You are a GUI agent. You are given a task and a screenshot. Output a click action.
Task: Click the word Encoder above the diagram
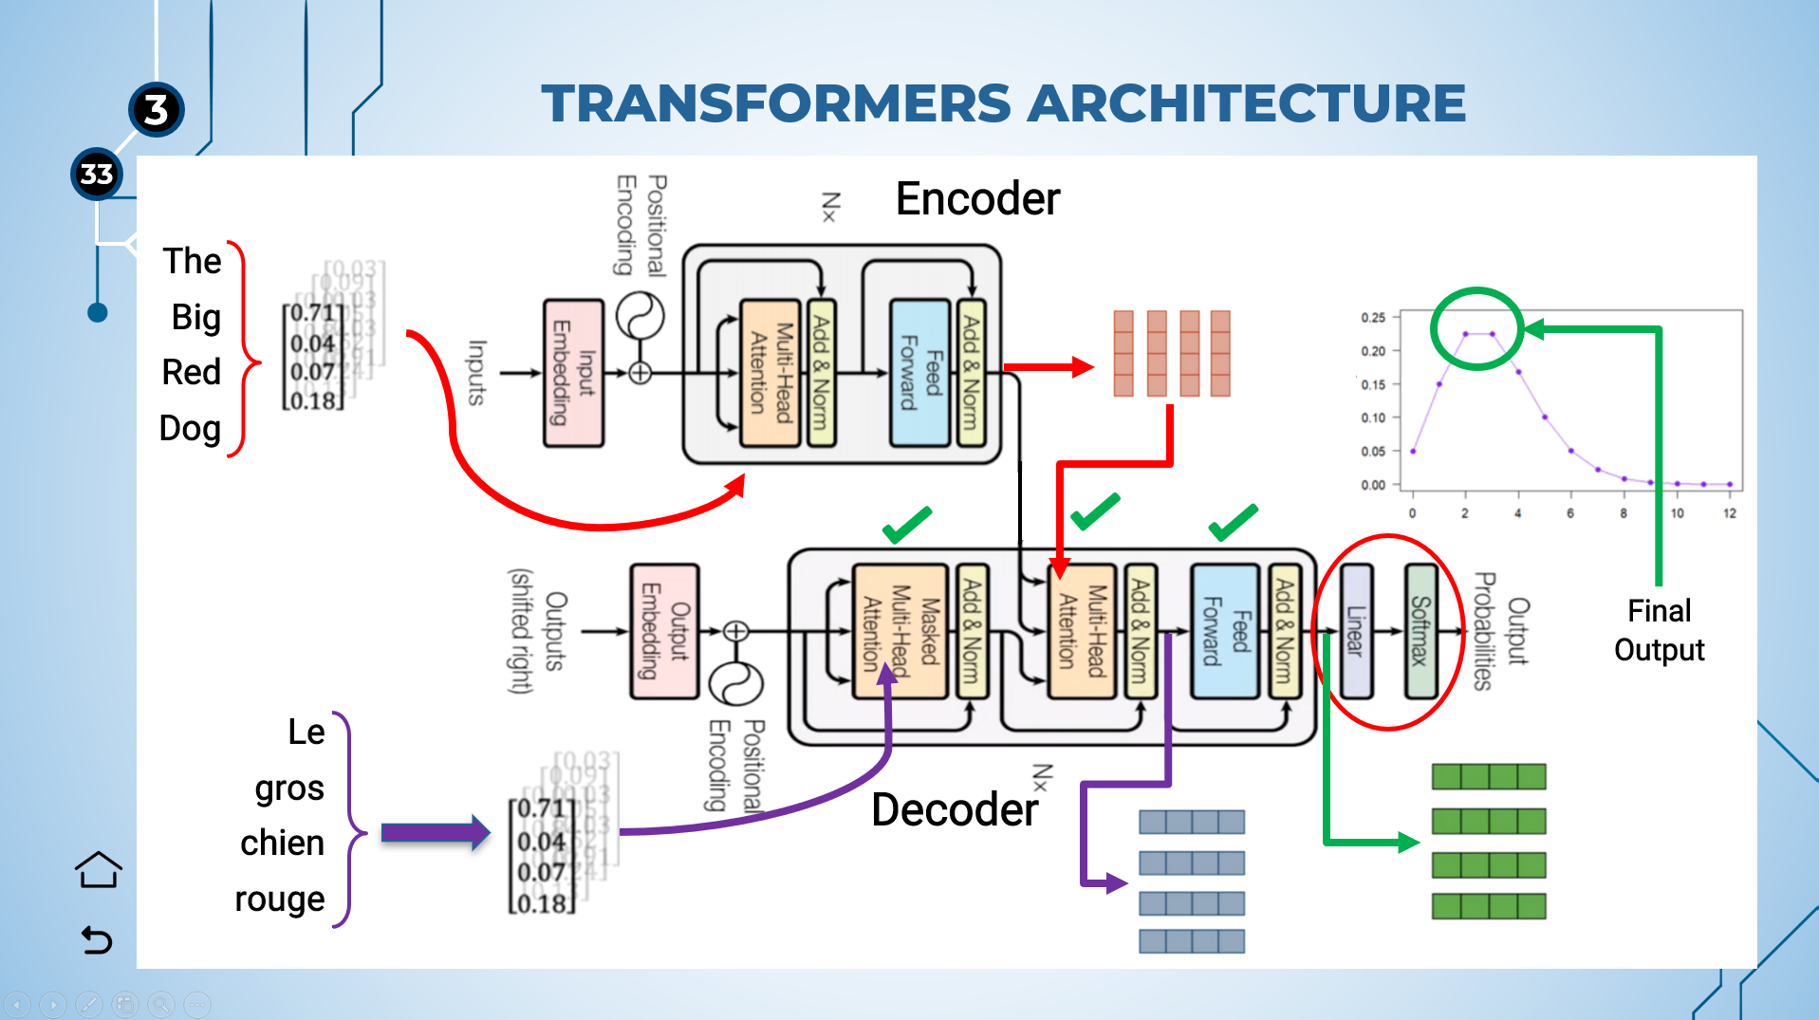pyautogui.click(x=977, y=199)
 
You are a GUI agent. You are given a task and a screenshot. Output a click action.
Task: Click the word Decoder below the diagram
pyautogui.click(x=954, y=810)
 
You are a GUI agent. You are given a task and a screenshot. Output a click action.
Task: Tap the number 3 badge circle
pyautogui.click(x=157, y=109)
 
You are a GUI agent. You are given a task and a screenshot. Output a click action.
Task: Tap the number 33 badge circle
pyautogui.click(x=97, y=175)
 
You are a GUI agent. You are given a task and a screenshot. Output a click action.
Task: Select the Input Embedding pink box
pyautogui.click(x=572, y=373)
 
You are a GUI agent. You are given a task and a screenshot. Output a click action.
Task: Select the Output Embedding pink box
pyautogui.click(x=664, y=631)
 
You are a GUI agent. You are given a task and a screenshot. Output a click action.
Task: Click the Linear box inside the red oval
pyautogui.click(x=1356, y=631)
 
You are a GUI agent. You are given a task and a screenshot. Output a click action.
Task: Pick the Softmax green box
pyautogui.click(x=1420, y=631)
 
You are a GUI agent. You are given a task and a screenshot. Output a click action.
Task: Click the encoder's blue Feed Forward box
pyautogui.click(x=919, y=373)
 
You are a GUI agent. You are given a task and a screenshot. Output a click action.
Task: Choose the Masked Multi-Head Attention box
pyautogui.click(x=900, y=631)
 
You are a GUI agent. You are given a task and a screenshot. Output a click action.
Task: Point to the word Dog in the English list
pyautogui.click(x=190, y=429)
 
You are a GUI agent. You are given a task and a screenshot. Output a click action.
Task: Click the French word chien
pyautogui.click(x=282, y=843)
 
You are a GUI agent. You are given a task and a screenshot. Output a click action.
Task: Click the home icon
pyautogui.click(x=98, y=869)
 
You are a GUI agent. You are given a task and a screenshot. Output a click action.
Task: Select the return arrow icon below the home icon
pyautogui.click(x=97, y=939)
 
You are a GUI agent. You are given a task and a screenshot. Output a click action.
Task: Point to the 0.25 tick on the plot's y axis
pyautogui.click(x=1372, y=318)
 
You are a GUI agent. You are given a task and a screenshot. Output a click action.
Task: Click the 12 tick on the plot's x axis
pyautogui.click(x=1729, y=513)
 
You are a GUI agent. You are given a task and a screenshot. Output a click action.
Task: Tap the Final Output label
pyautogui.click(x=1659, y=630)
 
